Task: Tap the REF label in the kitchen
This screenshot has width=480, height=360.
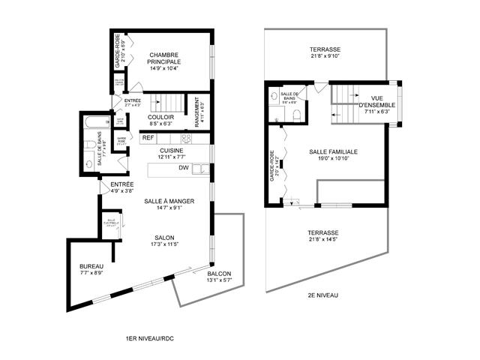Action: (148, 138)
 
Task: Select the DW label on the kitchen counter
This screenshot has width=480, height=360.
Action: (182, 168)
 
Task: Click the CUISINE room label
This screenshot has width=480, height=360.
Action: (172, 150)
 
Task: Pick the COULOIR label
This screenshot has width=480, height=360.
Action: (162, 117)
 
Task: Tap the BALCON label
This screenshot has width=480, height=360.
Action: (219, 274)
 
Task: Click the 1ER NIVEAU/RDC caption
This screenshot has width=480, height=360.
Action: (151, 340)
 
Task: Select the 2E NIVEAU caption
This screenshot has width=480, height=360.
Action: (323, 295)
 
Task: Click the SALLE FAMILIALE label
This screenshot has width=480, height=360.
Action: (333, 151)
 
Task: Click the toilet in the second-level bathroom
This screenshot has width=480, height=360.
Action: (297, 115)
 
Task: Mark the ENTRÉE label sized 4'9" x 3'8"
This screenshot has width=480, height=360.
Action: (122, 184)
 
